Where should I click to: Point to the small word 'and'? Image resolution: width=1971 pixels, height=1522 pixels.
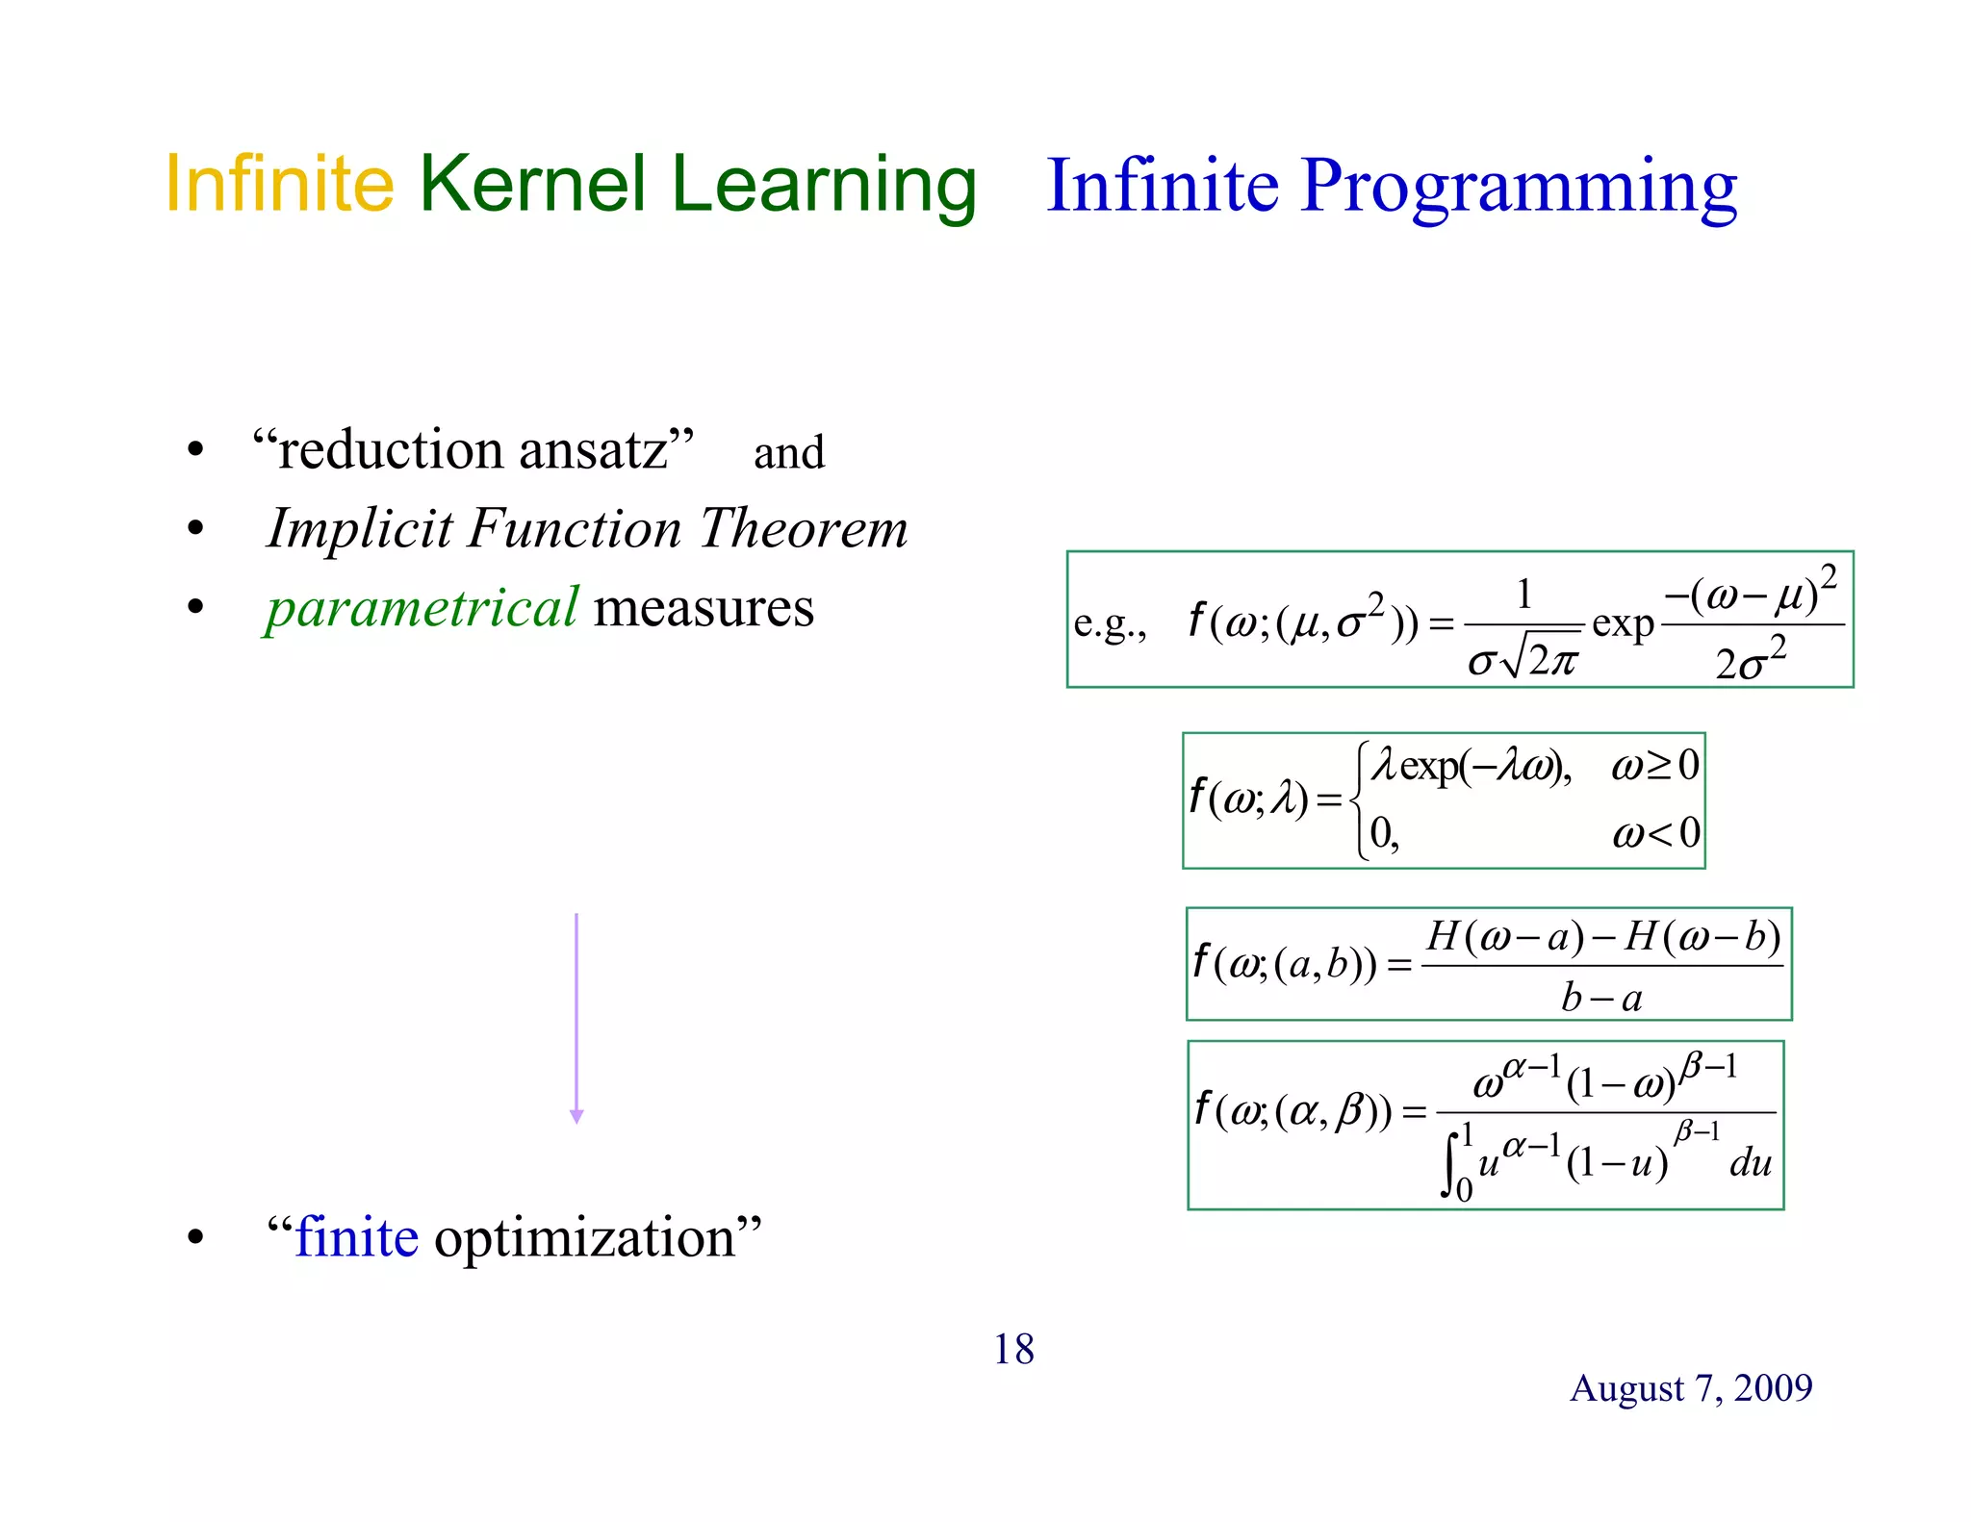click(788, 453)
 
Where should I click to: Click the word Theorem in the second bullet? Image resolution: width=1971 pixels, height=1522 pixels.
click(803, 529)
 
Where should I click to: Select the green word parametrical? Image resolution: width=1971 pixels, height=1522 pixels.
click(422, 608)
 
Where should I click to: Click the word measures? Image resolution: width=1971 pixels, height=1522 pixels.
click(704, 608)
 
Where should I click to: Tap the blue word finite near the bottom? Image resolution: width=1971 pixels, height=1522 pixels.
click(357, 1237)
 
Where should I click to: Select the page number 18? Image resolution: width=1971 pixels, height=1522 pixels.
click(1013, 1349)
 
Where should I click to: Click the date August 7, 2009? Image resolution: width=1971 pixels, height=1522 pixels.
click(1691, 1387)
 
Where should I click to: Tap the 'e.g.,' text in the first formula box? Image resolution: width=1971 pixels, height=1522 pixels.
click(1110, 625)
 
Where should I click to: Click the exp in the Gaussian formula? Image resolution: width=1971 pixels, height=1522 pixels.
click(1623, 624)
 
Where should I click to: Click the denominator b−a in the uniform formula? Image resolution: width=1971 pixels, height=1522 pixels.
click(1601, 998)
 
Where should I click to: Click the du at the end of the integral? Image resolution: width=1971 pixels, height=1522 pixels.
click(1750, 1163)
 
